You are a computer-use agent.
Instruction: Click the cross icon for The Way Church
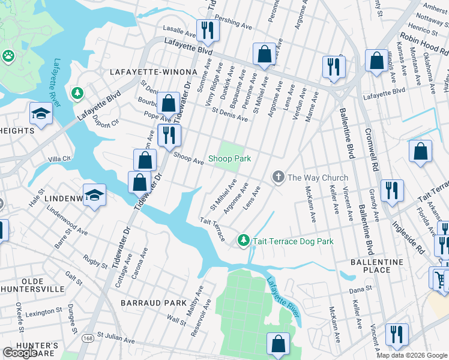coord(277,177)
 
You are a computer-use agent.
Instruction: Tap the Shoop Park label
coord(229,159)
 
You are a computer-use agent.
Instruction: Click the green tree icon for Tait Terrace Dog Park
coord(243,241)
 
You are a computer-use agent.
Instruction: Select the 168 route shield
coord(88,331)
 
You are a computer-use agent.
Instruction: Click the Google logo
coord(20,353)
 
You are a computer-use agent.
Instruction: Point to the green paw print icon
coord(8,56)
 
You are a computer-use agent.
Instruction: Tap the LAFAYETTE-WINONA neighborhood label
coord(145,72)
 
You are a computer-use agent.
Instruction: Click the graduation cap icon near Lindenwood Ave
coord(95,194)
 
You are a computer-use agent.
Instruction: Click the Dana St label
coord(360,289)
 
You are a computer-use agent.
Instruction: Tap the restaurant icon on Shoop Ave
coord(169,136)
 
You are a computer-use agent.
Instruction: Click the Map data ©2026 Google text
coord(412,355)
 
